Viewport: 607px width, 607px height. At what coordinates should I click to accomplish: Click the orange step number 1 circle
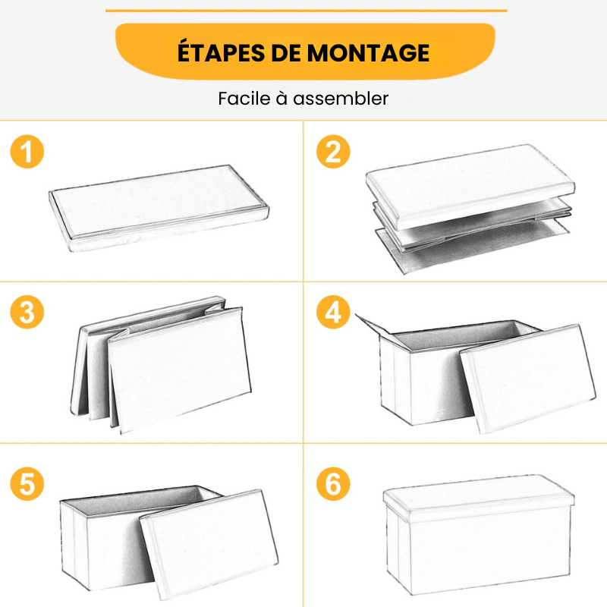[27, 153]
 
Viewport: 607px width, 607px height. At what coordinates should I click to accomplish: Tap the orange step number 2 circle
[333, 153]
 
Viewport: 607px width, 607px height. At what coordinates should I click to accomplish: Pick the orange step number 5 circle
[27, 484]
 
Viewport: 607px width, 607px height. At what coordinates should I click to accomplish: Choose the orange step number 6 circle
[333, 484]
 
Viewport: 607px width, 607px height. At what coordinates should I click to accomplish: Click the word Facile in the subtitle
[243, 99]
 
